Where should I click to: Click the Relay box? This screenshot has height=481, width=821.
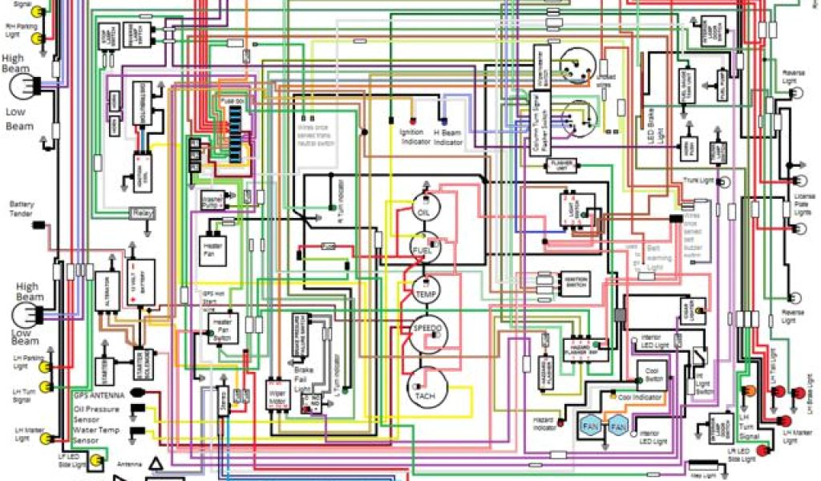(x=141, y=214)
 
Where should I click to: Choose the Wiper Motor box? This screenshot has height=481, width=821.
(x=277, y=394)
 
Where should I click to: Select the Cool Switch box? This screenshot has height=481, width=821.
(x=651, y=373)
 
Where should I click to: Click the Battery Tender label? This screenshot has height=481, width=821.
(x=20, y=208)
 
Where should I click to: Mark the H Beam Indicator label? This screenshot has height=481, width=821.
(x=448, y=136)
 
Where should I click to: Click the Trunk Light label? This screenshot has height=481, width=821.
(x=698, y=180)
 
